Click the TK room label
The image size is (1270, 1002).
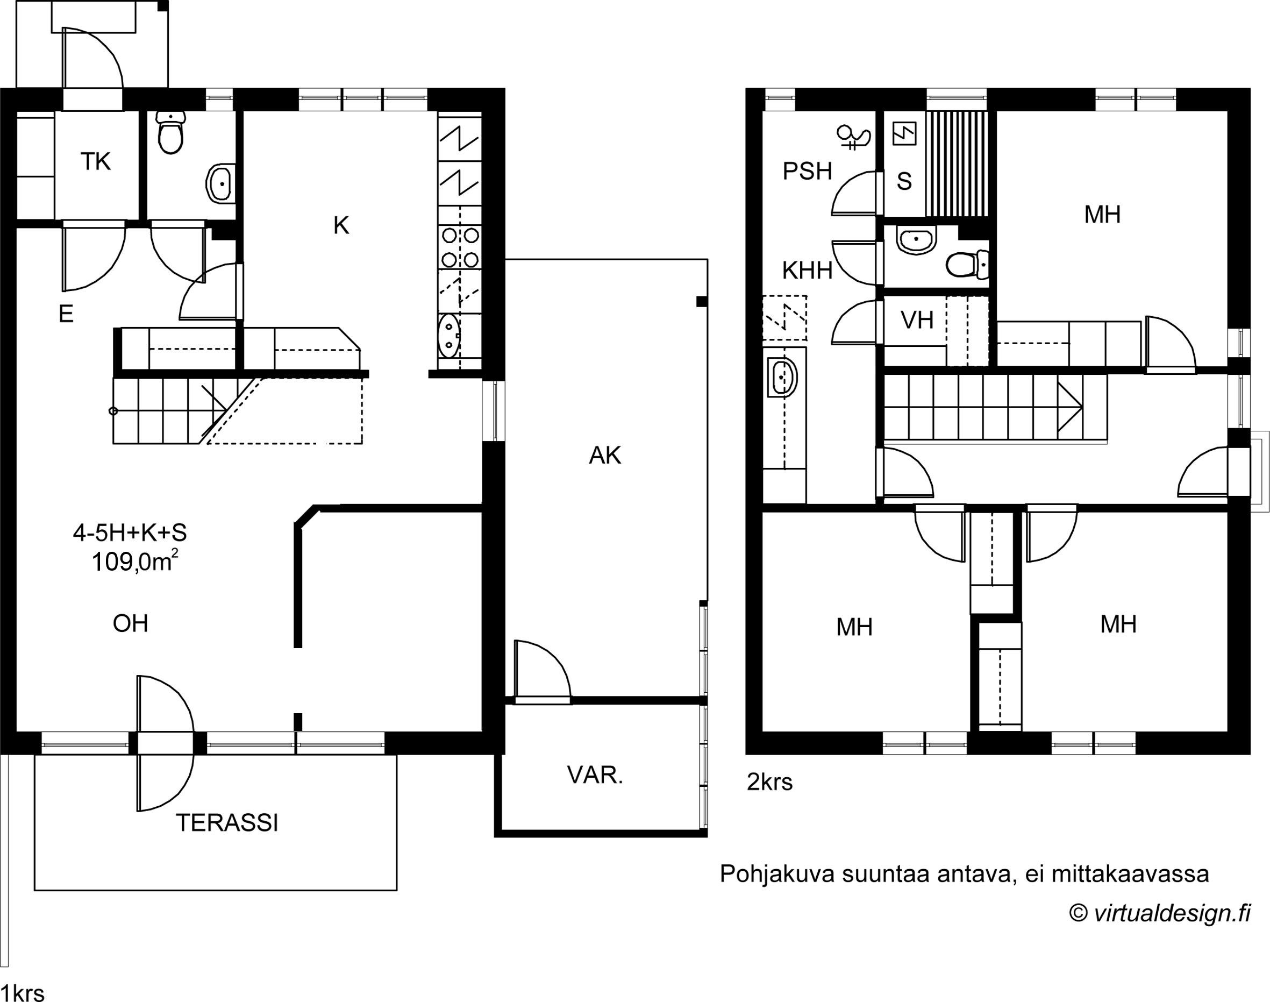(x=96, y=161)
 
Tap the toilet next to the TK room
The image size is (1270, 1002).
(x=170, y=134)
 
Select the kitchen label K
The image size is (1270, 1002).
(x=341, y=225)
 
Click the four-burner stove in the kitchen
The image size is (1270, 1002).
(x=460, y=247)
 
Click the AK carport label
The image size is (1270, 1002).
(x=605, y=455)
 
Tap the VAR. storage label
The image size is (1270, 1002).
(x=595, y=776)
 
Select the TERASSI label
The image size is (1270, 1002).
(x=227, y=823)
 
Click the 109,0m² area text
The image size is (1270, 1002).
(x=135, y=562)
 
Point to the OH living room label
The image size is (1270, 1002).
(x=130, y=623)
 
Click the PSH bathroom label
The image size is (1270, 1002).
(x=808, y=171)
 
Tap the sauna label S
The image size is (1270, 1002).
(x=904, y=181)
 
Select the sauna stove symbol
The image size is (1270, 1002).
(x=903, y=133)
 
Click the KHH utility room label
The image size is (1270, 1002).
(x=808, y=271)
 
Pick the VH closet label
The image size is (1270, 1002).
(x=917, y=321)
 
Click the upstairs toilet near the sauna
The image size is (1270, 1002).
(x=967, y=265)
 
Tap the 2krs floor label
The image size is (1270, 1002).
(x=769, y=782)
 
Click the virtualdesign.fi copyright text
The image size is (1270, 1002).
(x=1160, y=913)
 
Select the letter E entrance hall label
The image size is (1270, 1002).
(x=66, y=315)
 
